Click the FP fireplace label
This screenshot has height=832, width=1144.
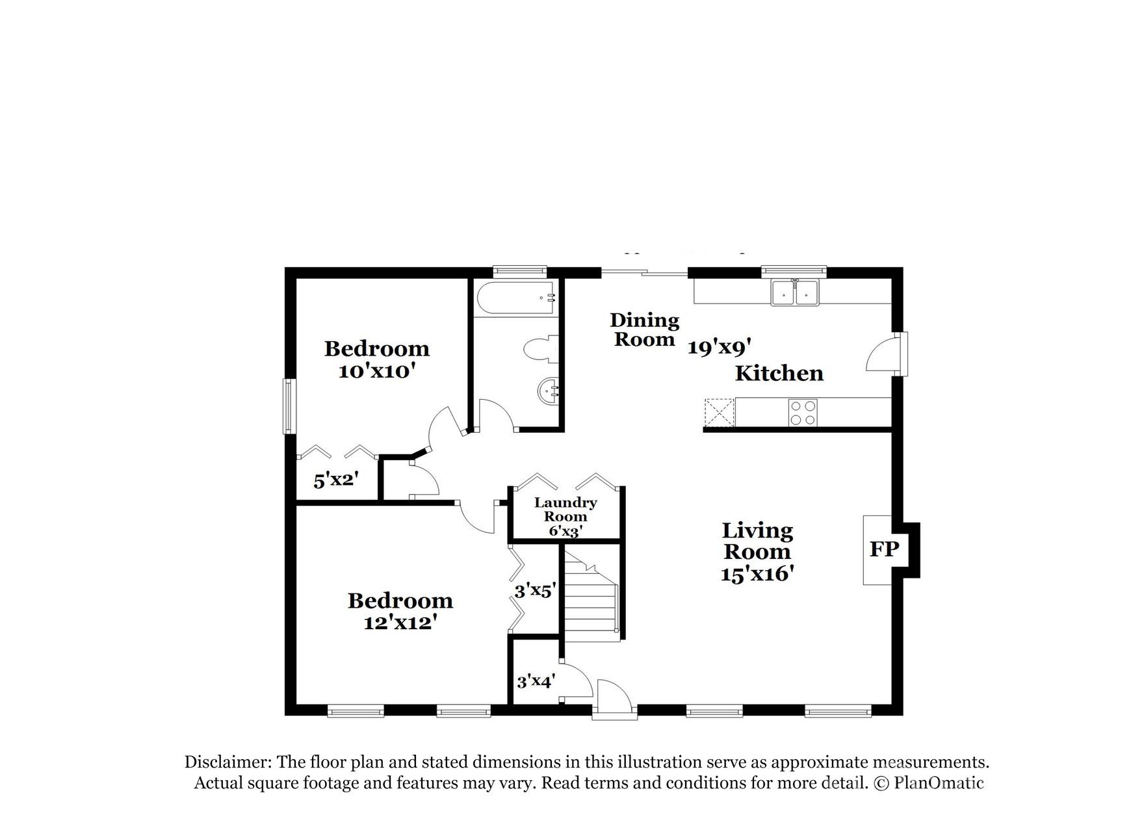(884, 549)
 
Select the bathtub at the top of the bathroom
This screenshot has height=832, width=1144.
(516, 298)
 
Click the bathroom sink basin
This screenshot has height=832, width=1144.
(548, 391)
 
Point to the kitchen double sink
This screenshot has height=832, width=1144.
(795, 292)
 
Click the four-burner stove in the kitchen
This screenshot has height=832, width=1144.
(803, 412)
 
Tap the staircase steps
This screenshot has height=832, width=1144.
(590, 595)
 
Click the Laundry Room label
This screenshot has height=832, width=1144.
(565, 510)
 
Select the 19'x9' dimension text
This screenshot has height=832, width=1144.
(720, 348)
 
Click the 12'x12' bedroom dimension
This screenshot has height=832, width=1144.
(399, 622)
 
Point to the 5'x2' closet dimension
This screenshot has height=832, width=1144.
(336, 480)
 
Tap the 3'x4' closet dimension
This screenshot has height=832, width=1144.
(535, 682)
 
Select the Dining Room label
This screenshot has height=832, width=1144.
(644, 330)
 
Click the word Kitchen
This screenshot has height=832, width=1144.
(779, 373)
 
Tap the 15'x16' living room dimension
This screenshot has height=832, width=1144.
(757, 574)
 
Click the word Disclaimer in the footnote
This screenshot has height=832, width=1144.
(227, 762)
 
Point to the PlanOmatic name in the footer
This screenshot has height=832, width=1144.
(939, 783)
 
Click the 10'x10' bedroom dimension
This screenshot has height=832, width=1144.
(376, 371)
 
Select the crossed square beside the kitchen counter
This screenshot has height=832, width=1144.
(719, 412)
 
